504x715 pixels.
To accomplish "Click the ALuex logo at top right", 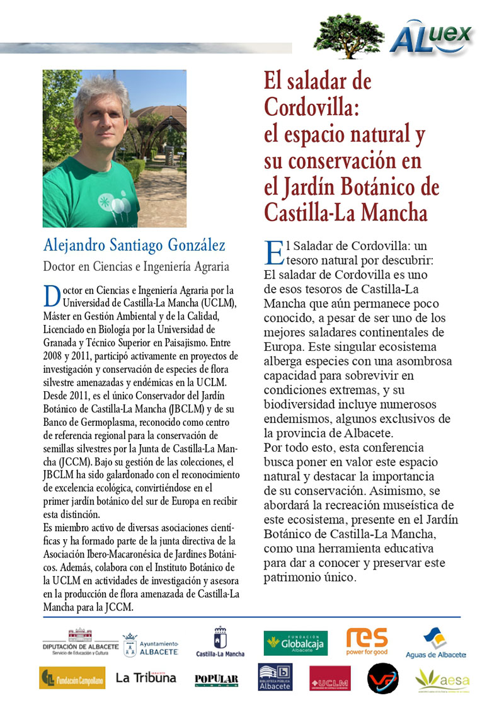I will [431, 36].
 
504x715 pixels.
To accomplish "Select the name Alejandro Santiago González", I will [134, 245].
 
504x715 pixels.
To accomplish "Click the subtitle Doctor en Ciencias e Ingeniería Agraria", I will [135, 266].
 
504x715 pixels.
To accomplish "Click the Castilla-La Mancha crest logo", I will [220, 643].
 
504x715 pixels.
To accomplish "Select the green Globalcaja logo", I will [295, 643].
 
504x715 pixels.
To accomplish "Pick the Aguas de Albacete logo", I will [435, 643].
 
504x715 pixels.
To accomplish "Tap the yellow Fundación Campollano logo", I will [63, 678].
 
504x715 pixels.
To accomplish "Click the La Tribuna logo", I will [146, 678].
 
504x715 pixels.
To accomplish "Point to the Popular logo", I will [216, 679].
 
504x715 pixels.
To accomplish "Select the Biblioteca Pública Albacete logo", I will [275, 678].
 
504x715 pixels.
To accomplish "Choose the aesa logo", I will [442, 678].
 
